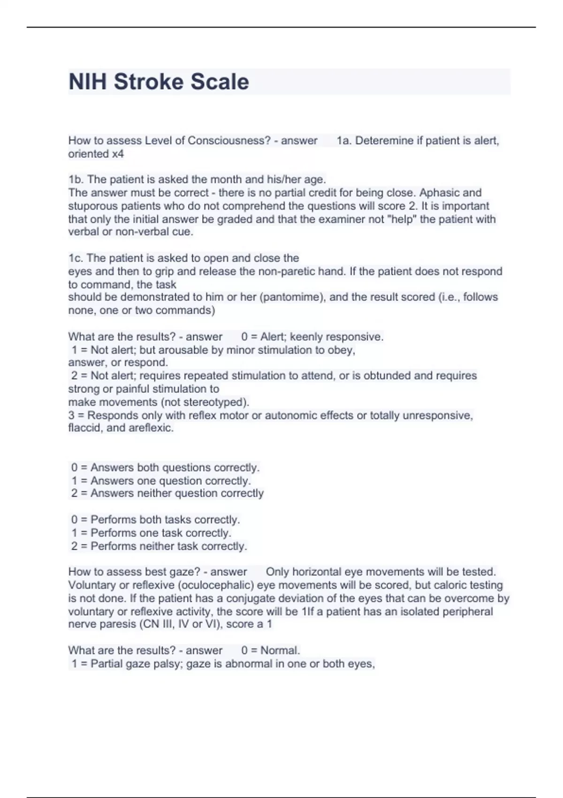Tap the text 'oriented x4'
point(96,154)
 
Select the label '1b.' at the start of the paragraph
point(76,180)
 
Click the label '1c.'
point(76,258)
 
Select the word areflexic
point(151,428)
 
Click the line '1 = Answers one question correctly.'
point(161,481)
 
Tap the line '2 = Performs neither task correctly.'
point(159,546)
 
